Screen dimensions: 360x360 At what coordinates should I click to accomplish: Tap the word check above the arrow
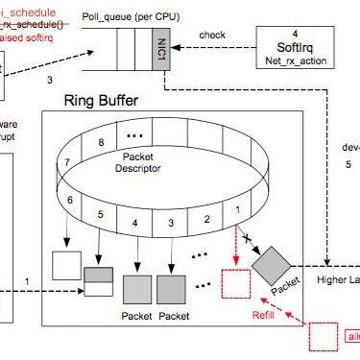[x=212, y=36]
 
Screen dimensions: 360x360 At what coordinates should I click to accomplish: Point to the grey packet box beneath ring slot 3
[x=170, y=286]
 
